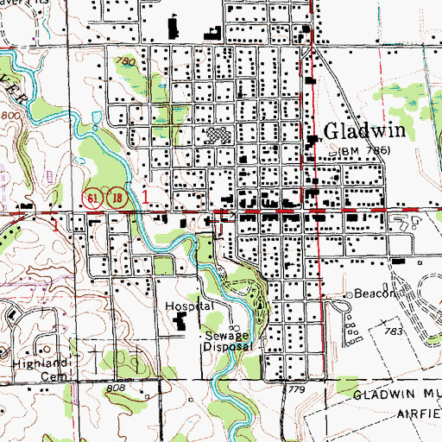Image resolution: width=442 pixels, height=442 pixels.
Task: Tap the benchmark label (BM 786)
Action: click(x=364, y=150)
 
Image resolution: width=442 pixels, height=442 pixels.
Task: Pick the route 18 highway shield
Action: click(x=116, y=199)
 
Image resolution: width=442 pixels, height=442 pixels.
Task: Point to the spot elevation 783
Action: click(x=397, y=331)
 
